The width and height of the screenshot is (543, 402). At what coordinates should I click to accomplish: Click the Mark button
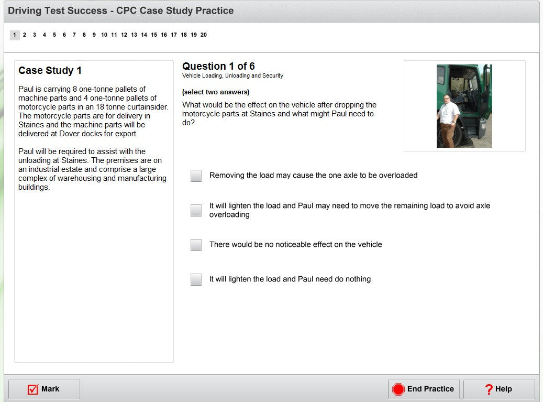(x=44, y=389)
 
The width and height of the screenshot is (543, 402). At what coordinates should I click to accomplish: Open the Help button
(x=499, y=389)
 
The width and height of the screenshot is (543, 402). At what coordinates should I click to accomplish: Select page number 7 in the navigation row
(x=74, y=35)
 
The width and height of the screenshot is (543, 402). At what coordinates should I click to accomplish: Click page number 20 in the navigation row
(x=204, y=35)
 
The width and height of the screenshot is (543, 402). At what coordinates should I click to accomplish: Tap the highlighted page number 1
(x=15, y=35)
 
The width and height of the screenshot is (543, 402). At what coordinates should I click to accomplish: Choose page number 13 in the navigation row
(x=134, y=35)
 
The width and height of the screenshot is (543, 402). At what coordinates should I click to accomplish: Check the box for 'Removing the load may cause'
(x=196, y=176)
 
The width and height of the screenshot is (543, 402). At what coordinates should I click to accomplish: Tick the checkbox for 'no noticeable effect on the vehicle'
(x=196, y=245)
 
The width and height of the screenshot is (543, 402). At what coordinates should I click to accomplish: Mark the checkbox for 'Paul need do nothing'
(x=196, y=279)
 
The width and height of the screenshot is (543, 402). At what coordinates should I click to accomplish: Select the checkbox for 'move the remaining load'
(x=196, y=210)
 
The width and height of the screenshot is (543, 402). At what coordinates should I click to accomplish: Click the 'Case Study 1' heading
(x=50, y=70)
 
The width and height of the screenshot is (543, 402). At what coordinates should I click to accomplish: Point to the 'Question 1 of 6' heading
(x=218, y=66)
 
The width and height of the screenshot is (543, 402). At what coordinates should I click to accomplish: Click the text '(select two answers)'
(x=216, y=92)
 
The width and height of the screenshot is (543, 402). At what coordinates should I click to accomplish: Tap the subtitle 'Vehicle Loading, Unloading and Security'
(x=232, y=75)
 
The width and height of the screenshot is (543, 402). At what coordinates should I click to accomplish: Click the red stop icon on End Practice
(x=398, y=389)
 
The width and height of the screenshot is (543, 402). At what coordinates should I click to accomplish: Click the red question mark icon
(x=489, y=389)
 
